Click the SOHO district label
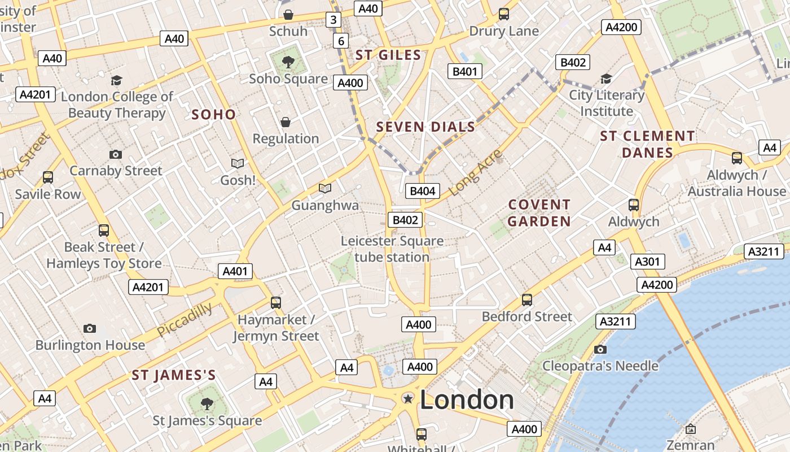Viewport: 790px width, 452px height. click(213, 115)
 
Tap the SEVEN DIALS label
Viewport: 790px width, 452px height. click(425, 127)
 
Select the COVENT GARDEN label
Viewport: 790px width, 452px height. click(539, 212)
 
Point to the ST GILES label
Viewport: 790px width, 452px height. click(388, 55)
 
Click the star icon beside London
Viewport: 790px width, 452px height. click(407, 399)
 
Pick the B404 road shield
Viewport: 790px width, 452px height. click(423, 191)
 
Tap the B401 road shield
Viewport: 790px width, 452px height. click(465, 71)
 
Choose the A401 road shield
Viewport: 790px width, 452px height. click(235, 271)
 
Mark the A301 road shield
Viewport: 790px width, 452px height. click(647, 262)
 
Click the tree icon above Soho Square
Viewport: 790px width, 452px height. click(288, 61)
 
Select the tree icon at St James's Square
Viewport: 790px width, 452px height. click(207, 403)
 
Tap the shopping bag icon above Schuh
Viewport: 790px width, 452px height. click(288, 14)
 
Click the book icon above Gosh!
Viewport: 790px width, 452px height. click(238, 163)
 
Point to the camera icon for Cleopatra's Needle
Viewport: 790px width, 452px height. click(600, 349)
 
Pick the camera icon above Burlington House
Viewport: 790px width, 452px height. click(90, 328)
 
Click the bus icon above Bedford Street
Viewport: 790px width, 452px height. click(527, 299)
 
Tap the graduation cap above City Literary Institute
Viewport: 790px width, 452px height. click(606, 79)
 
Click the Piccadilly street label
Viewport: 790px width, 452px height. click(185, 319)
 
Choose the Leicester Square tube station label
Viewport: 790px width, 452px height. click(392, 249)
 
